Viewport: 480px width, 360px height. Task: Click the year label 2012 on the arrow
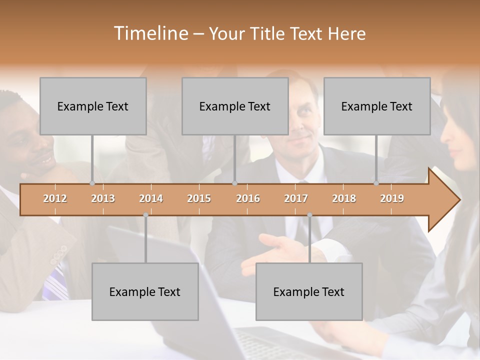(55, 198)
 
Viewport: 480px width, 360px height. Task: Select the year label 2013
(103, 198)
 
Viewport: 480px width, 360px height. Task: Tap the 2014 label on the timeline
(151, 198)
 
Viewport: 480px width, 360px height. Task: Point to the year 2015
(199, 198)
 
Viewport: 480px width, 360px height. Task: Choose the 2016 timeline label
(248, 198)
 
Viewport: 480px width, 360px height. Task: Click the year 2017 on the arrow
(296, 198)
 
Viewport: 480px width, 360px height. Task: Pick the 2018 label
(344, 198)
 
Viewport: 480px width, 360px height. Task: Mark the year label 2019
(392, 198)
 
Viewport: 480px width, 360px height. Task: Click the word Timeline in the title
(150, 33)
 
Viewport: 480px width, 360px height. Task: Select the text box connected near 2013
(93, 106)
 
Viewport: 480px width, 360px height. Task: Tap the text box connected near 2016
(235, 106)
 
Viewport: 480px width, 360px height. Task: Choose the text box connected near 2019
(377, 106)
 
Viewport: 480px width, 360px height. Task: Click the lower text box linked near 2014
(145, 291)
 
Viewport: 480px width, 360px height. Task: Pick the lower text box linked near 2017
(309, 291)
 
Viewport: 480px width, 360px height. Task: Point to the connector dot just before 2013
(92, 183)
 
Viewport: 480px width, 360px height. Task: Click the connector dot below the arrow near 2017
(309, 215)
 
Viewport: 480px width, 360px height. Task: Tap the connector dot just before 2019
(376, 183)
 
